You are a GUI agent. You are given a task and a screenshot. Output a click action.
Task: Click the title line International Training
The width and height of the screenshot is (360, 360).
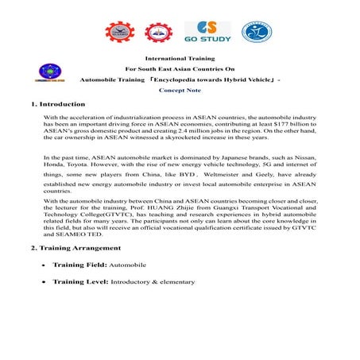pos(179,58)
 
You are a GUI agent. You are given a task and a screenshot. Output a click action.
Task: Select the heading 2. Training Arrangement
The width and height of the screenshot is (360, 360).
pos(75,248)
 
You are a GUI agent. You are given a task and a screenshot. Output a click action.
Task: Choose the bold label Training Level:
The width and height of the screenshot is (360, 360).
pos(80,282)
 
